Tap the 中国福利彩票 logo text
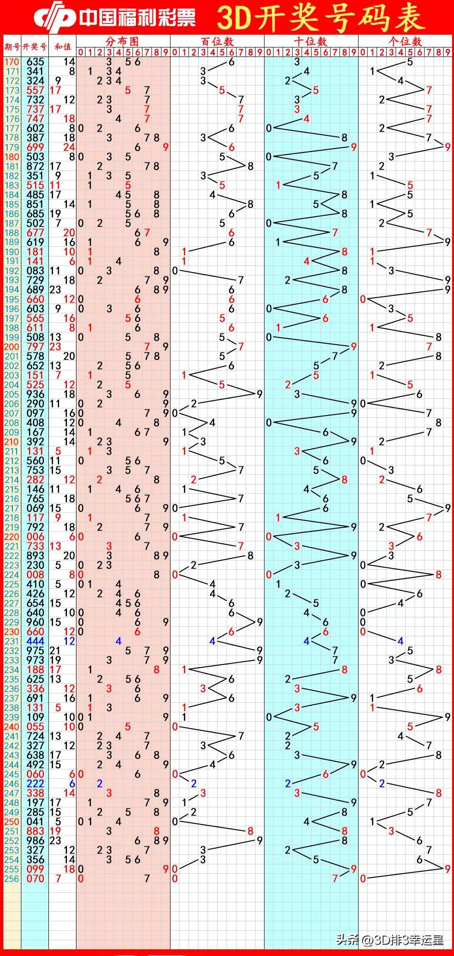pyautogui.click(x=137, y=18)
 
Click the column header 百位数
pyautogui.click(x=217, y=41)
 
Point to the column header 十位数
pyautogui.click(x=311, y=41)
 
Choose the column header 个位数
pyautogui.click(x=405, y=41)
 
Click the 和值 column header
pyautogui.click(x=63, y=47)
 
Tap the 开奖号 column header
pyautogui.click(x=35, y=47)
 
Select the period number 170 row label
pyautogui.click(x=11, y=62)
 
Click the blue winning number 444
pyautogui.click(x=35, y=641)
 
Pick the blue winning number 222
pyautogui.click(x=35, y=784)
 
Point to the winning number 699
pyautogui.click(x=35, y=147)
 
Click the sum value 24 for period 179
pyautogui.click(x=69, y=147)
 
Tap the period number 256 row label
pyautogui.click(x=11, y=879)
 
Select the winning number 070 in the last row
pyautogui.click(x=35, y=879)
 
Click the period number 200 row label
pyautogui.click(x=11, y=347)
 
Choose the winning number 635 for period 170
pyautogui.click(x=35, y=62)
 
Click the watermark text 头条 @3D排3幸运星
pyautogui.click(x=389, y=939)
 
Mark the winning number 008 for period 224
pyautogui.click(x=35, y=575)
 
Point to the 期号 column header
pyautogui.click(x=12, y=47)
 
